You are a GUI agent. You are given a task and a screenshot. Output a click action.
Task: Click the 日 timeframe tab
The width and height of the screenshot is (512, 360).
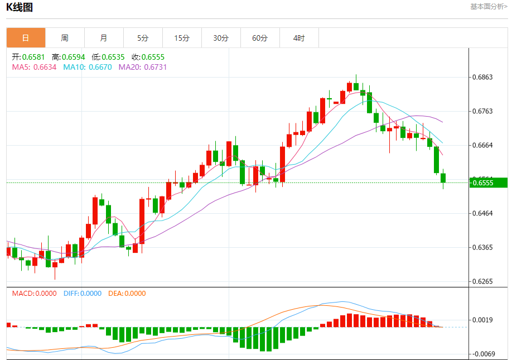(26, 38)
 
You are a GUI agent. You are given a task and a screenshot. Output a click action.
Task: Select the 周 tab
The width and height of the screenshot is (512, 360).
(65, 38)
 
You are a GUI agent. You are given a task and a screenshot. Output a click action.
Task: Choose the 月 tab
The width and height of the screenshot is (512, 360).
(104, 38)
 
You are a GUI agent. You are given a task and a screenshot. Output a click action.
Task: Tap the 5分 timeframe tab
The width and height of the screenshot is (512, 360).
(143, 38)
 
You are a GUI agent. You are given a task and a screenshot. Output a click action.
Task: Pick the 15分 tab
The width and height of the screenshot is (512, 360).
(182, 38)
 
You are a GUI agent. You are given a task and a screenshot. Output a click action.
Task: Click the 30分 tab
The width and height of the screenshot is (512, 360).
(221, 38)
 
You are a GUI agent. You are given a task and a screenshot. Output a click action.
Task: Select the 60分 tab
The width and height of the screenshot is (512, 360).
(260, 38)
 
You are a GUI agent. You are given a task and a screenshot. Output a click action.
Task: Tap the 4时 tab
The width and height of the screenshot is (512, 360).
(299, 38)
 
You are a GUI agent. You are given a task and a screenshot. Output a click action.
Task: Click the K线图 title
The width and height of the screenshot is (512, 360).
(20, 7)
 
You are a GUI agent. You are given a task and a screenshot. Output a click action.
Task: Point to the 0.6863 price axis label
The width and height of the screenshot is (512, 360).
(482, 77)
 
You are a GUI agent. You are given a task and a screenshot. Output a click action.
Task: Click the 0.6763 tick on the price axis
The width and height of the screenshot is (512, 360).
(482, 111)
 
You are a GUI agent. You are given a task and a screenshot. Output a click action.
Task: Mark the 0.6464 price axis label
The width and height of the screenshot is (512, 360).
(482, 213)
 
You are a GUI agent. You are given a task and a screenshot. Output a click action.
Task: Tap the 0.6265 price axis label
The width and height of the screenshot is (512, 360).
(482, 281)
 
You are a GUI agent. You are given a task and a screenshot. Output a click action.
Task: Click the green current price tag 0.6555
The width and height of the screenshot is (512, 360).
(489, 183)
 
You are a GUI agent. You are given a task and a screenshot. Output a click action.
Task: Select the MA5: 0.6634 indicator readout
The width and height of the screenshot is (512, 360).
(34, 67)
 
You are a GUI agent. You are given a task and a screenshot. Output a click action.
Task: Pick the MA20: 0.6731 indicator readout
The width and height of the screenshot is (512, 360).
(143, 67)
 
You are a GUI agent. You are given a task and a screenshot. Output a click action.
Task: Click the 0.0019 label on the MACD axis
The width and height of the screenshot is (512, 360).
(482, 320)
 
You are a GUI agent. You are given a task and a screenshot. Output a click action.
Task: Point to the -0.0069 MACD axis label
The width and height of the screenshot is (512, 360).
(481, 354)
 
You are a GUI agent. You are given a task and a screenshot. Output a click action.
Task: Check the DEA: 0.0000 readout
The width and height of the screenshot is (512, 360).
(127, 293)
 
